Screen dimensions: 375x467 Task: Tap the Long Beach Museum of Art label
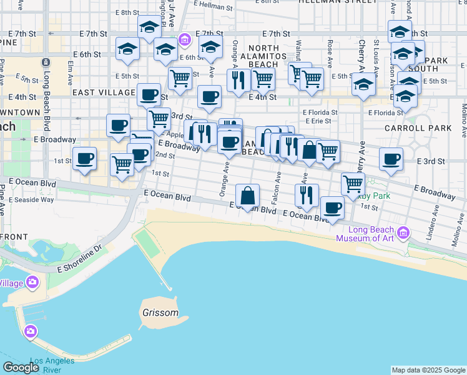pos(366,233)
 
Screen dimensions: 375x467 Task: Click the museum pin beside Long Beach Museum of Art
pos(403,233)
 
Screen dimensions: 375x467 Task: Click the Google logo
pos(21,367)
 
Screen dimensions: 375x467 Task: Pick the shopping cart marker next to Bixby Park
pos(353,183)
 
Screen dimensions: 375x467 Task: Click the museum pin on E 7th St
pos(184,41)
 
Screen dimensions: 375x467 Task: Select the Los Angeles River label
pos(52,365)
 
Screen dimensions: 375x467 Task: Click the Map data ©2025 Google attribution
pos(428,370)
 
